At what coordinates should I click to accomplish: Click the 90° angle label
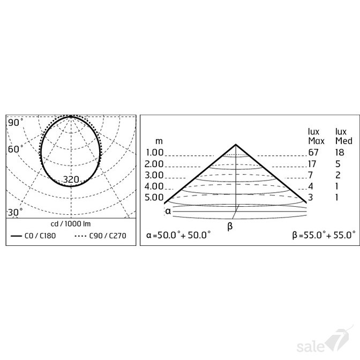coord(16,123)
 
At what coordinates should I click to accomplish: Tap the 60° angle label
coord(16,149)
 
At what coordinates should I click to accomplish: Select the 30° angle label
coord(15,212)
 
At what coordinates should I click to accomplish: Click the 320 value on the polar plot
coord(71,179)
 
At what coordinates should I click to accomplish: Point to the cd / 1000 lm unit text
coord(71,224)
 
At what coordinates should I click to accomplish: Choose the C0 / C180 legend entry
coord(34,236)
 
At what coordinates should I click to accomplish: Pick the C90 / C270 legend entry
coord(101,236)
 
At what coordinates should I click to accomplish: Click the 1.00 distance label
coord(154,153)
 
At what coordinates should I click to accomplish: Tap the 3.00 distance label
coord(154,175)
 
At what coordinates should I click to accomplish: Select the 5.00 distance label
coord(154,197)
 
